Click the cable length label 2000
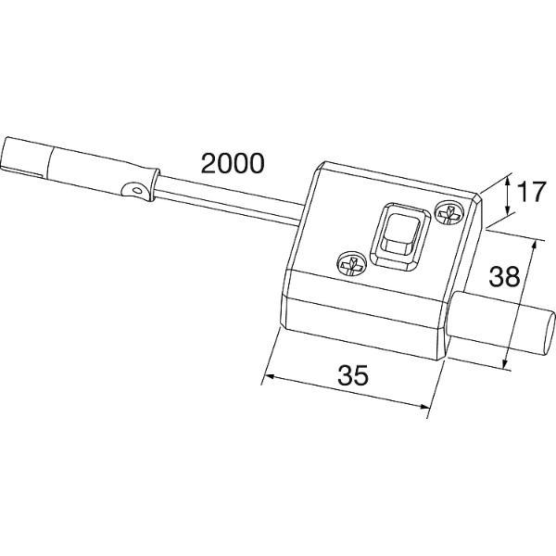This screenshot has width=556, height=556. (x=233, y=163)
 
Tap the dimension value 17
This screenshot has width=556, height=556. (x=531, y=192)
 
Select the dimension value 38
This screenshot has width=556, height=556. (x=504, y=276)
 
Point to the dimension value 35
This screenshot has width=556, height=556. (x=353, y=375)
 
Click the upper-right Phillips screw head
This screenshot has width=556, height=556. (x=449, y=213)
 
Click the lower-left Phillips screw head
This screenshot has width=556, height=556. (x=350, y=263)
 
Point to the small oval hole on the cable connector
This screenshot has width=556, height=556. (x=137, y=190)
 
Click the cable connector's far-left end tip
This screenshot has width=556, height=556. (x=2, y=153)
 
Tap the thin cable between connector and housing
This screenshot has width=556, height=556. (x=229, y=200)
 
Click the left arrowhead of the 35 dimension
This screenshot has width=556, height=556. (x=270, y=376)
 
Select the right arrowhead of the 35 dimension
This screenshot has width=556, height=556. (x=425, y=407)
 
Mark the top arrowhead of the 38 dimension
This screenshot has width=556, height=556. (x=533, y=245)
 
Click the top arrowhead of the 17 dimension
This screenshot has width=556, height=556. (x=508, y=181)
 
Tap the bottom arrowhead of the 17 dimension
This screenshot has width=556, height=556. (x=509, y=210)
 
